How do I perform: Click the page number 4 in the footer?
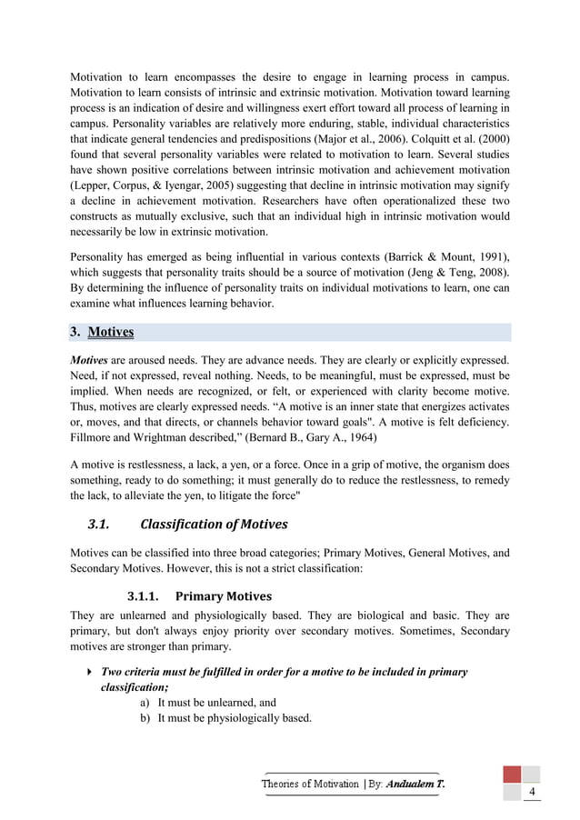tap(531, 792)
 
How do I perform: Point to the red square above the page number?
tap(513, 774)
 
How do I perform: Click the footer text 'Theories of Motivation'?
tap(310, 783)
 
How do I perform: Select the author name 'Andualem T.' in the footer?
tap(415, 783)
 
